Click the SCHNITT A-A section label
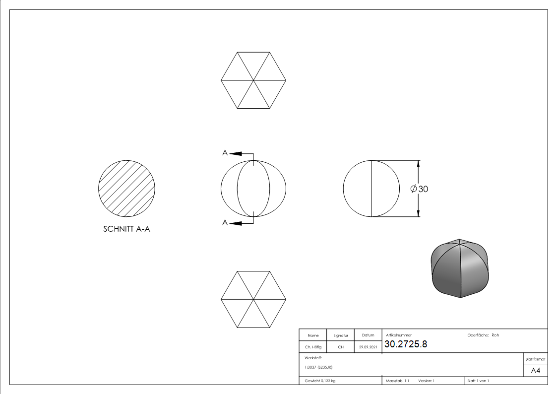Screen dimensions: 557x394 pos(126,229)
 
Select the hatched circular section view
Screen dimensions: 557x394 pos(127,188)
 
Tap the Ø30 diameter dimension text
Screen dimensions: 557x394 pos(419,189)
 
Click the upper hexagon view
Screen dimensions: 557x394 pos(253,80)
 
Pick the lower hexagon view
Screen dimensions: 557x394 pos(253,300)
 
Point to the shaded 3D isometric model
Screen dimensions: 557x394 pos(460,268)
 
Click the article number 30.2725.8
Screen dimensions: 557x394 pos(406,344)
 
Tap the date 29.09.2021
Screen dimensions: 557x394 pos(368,347)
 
